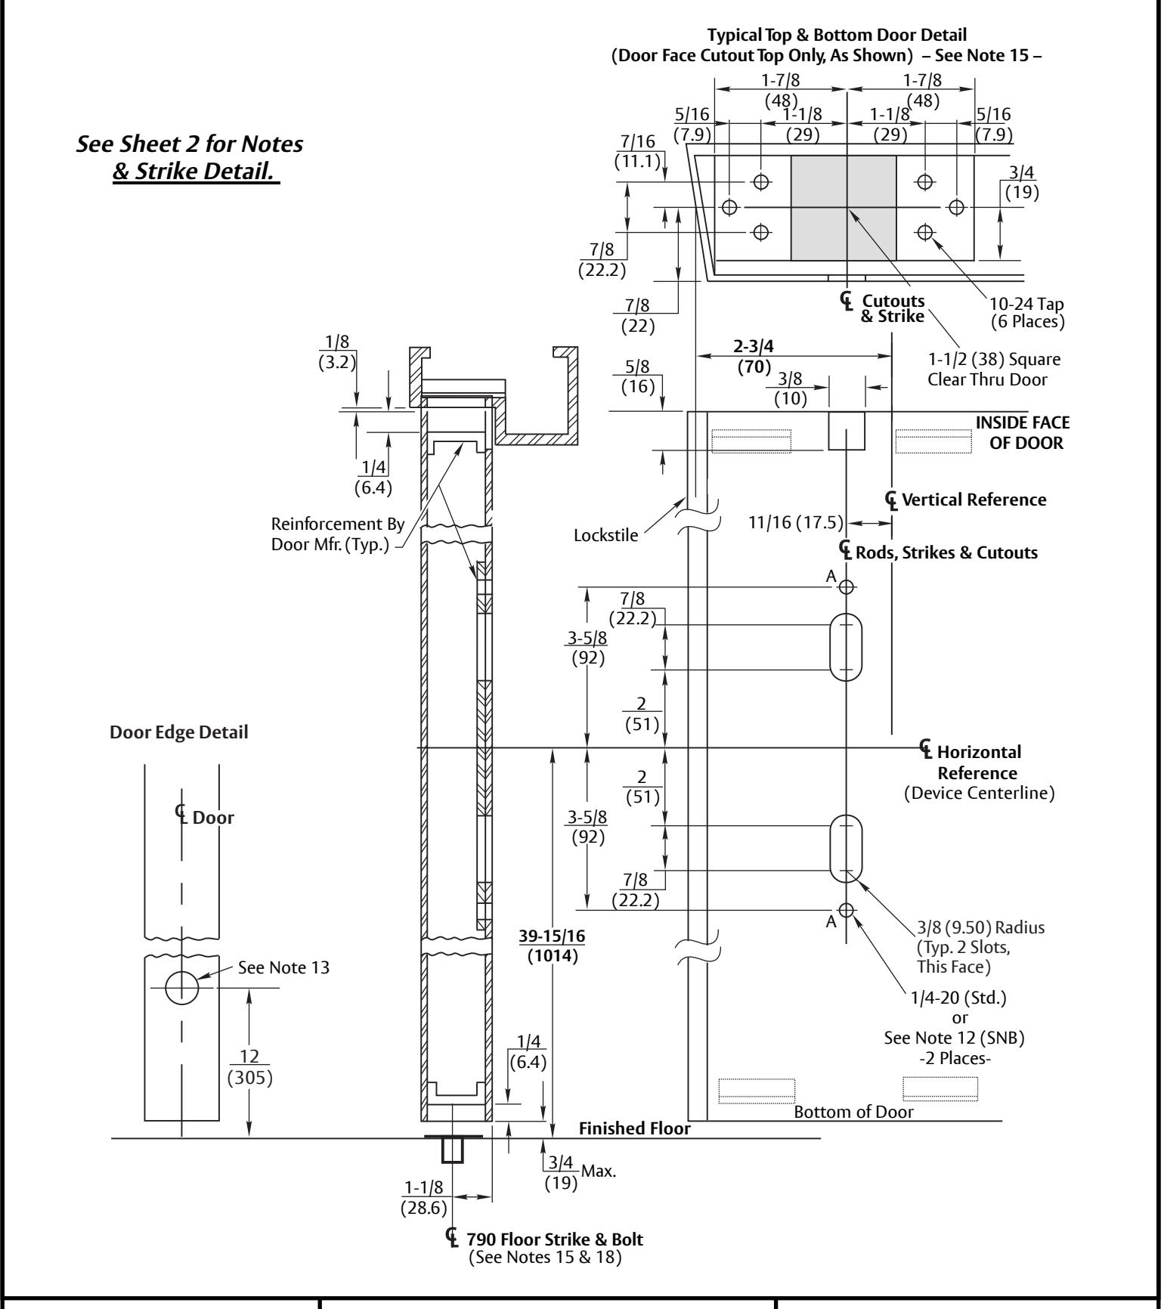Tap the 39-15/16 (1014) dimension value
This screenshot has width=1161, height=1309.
pyautogui.click(x=552, y=945)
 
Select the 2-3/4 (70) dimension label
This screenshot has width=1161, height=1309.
pyautogui.click(x=754, y=357)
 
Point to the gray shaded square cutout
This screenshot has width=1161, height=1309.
pyautogui.click(x=844, y=208)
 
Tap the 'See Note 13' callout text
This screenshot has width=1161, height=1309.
pyautogui.click(x=284, y=967)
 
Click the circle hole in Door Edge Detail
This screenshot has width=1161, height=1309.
pyautogui.click(x=181, y=987)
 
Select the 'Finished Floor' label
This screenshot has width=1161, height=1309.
pyautogui.click(x=635, y=1128)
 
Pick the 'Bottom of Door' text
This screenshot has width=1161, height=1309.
pyautogui.click(x=853, y=1112)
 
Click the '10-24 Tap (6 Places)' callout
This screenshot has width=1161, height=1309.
pyautogui.click(x=1026, y=313)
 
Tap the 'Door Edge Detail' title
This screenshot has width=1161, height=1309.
pyautogui.click(x=179, y=732)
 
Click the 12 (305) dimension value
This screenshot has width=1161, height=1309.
pyautogui.click(x=250, y=1068)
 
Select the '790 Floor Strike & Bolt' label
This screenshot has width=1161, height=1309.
pyautogui.click(x=555, y=1239)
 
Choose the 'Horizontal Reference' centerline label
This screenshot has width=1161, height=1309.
pyautogui.click(x=977, y=763)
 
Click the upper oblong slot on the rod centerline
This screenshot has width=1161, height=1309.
pyautogui.click(x=846, y=647)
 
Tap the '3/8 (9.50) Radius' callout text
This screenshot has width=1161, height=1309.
pyautogui.click(x=980, y=927)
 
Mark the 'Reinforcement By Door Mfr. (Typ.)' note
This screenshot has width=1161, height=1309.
pyautogui.click(x=338, y=534)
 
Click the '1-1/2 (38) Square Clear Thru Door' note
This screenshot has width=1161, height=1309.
pyautogui.click(x=994, y=369)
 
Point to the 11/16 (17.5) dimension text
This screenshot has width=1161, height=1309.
pyautogui.click(x=796, y=522)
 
